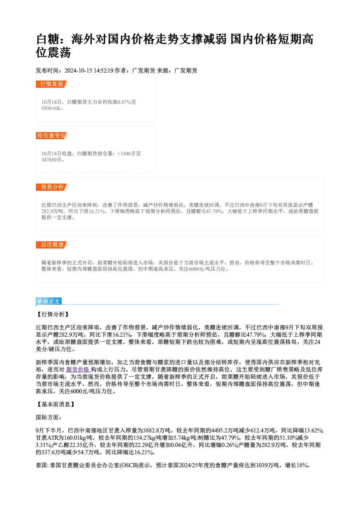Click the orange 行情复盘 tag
(x=52, y=84)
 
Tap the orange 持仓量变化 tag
(x=52, y=136)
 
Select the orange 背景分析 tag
(x=52, y=187)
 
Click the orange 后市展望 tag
(x=52, y=245)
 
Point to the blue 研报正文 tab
(x=49, y=301)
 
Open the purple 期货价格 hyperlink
(x=78, y=369)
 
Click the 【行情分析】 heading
(x=53, y=314)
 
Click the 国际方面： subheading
(x=49, y=417)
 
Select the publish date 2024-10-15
(x=78, y=71)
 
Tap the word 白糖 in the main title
(x=48, y=39)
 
